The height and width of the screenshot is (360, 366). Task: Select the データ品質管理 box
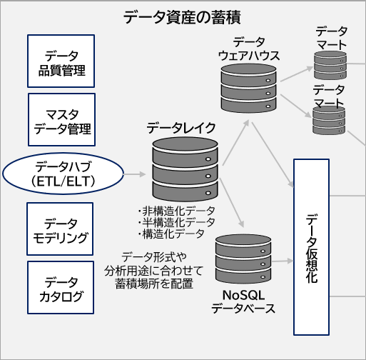tap(62, 63)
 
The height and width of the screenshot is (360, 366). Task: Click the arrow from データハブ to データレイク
tap(136, 174)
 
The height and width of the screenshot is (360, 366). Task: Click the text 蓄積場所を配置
tap(153, 283)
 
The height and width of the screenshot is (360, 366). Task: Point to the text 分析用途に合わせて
tap(153, 270)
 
